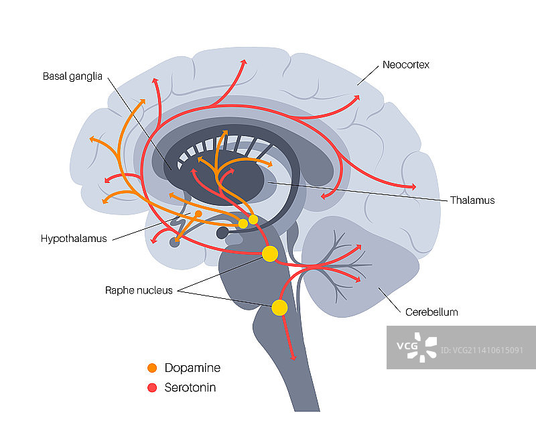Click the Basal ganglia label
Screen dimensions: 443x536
[x=72, y=76]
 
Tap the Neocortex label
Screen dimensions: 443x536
[x=405, y=65]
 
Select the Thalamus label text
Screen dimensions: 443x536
[x=472, y=200]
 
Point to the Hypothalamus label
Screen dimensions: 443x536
[x=74, y=238]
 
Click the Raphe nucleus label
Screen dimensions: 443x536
[x=139, y=290]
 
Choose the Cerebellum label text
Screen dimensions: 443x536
[x=431, y=312]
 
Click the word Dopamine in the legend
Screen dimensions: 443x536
[x=192, y=368]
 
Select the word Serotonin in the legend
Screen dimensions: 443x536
[x=190, y=387]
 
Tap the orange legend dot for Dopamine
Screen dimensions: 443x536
[x=152, y=368]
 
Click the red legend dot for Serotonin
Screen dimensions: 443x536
[x=152, y=387]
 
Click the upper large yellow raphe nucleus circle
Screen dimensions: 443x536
[x=270, y=254]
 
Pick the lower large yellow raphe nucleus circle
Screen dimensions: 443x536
[x=279, y=308]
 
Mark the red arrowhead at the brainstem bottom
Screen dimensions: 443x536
[x=292, y=357]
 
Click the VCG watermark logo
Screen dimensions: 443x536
[x=415, y=347]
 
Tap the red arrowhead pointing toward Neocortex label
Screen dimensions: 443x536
[x=356, y=97]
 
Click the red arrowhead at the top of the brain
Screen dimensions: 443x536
[x=244, y=62]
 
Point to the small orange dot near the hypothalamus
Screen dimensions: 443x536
[x=198, y=213]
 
